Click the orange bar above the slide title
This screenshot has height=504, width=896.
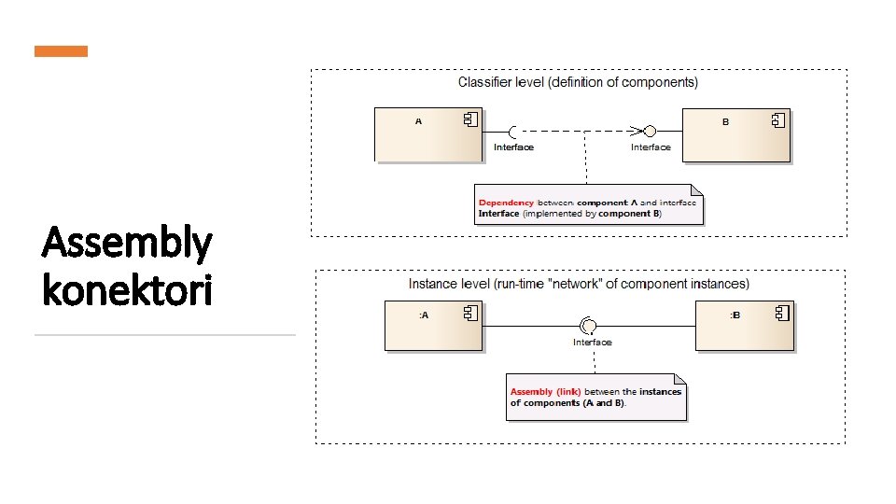click(61, 51)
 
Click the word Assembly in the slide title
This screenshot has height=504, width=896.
click(127, 245)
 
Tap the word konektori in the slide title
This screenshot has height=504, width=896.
click(127, 291)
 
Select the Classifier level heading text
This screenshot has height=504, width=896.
click(578, 82)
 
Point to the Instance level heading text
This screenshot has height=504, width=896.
click(579, 284)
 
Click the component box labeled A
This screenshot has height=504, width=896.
click(428, 134)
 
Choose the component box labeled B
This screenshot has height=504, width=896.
click(736, 135)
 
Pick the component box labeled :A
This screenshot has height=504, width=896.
click(434, 325)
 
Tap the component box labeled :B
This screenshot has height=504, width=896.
click(745, 326)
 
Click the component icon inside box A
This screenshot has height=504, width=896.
click(471, 119)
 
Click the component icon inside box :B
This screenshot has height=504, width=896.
click(782, 314)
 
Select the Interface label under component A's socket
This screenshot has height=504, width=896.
click(513, 147)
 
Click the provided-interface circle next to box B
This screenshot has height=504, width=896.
click(651, 131)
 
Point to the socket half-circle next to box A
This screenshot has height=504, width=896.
click(512, 131)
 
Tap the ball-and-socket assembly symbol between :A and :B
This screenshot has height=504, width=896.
click(589, 325)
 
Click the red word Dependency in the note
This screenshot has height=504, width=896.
click(506, 202)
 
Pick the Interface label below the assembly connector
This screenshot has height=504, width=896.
click(593, 343)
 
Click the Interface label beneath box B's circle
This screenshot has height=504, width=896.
click(651, 147)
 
